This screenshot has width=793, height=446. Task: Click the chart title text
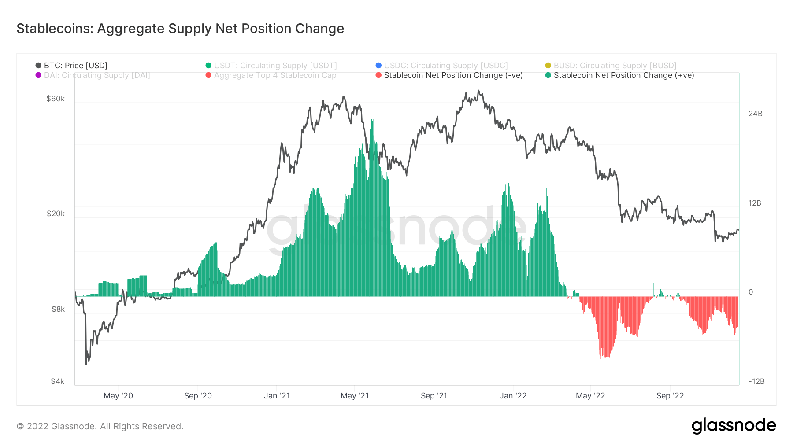click(180, 29)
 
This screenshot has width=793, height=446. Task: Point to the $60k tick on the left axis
click(56, 99)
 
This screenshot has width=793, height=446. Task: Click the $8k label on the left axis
click(58, 309)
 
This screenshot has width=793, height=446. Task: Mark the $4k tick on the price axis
click(57, 381)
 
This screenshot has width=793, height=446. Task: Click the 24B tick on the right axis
click(755, 114)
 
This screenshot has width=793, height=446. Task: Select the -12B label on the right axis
click(756, 381)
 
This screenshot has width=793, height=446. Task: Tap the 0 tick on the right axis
click(751, 292)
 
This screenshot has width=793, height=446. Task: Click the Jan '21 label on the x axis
click(277, 396)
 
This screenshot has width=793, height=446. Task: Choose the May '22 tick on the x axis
click(590, 396)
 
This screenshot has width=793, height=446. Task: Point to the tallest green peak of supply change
click(372, 120)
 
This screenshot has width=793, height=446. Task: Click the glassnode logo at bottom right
click(734, 426)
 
